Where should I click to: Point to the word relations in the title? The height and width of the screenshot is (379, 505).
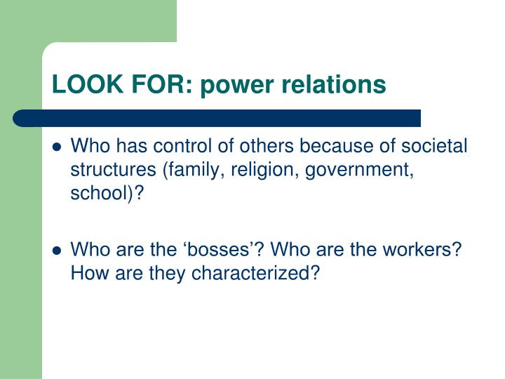point(337,85)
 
